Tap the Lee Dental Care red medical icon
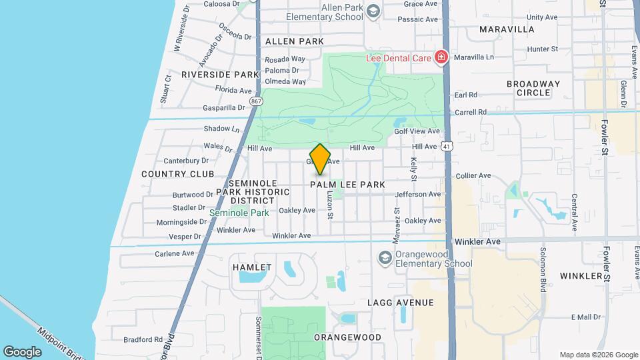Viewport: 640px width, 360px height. click(440, 58)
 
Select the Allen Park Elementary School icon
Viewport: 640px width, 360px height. click(373, 11)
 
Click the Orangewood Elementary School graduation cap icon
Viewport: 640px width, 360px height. click(384, 257)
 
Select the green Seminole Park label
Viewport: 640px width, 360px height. click(239, 213)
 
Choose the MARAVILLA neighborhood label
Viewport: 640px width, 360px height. click(507, 29)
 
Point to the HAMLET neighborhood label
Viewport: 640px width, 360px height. click(252, 267)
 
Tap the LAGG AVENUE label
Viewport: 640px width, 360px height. click(401, 303)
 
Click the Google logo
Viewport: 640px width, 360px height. click(22, 352)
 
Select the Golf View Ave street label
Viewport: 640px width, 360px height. click(417, 131)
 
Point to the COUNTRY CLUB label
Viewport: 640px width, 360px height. click(178, 174)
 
